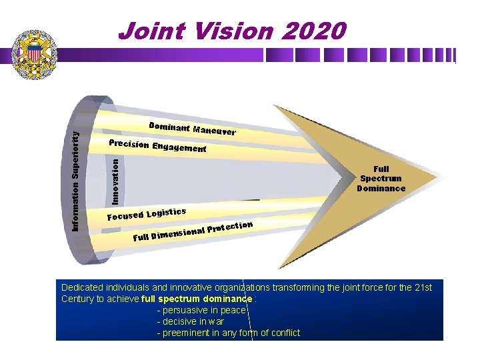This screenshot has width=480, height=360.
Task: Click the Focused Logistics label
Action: [147, 214]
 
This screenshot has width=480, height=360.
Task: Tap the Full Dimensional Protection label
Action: [192, 231]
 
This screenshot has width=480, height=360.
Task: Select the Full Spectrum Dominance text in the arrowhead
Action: [381, 179]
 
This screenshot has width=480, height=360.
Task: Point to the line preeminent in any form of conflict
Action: [229, 333]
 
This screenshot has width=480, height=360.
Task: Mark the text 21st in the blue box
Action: [424, 287]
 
